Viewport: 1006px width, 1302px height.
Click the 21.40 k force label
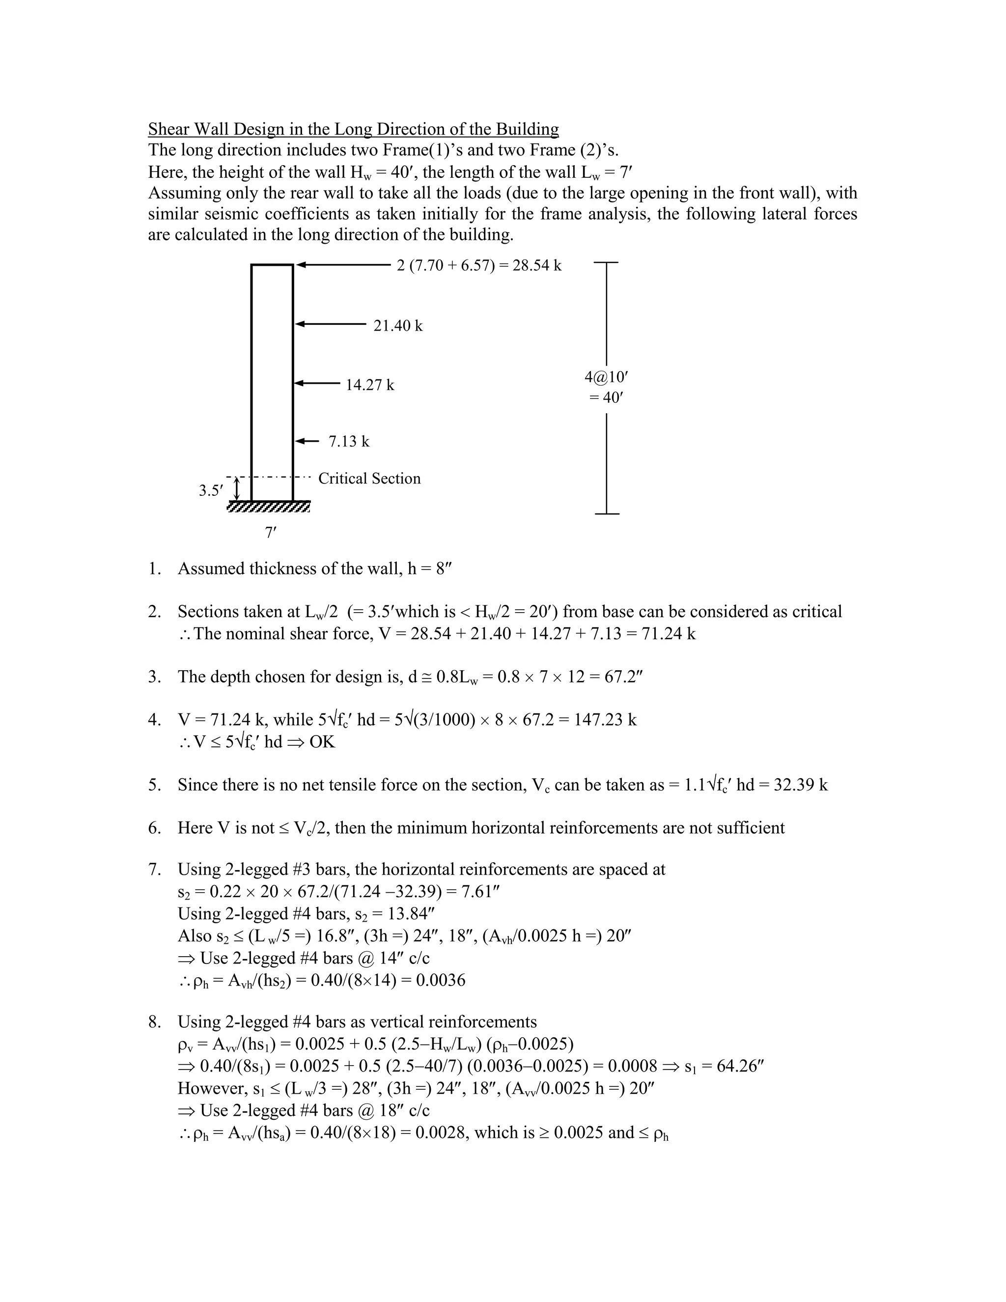point(397,326)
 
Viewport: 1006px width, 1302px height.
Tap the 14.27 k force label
point(369,385)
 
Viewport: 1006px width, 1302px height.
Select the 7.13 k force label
point(349,442)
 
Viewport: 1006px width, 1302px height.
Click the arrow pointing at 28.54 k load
point(343,265)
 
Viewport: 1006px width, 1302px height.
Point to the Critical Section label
point(369,479)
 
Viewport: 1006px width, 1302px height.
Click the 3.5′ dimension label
point(211,491)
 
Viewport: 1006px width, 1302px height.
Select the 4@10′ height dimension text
point(607,377)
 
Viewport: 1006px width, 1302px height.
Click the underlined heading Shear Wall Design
point(353,129)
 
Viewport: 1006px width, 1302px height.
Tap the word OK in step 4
point(322,742)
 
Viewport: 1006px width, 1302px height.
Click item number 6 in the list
point(154,828)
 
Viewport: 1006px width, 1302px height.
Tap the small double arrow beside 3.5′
point(237,489)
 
